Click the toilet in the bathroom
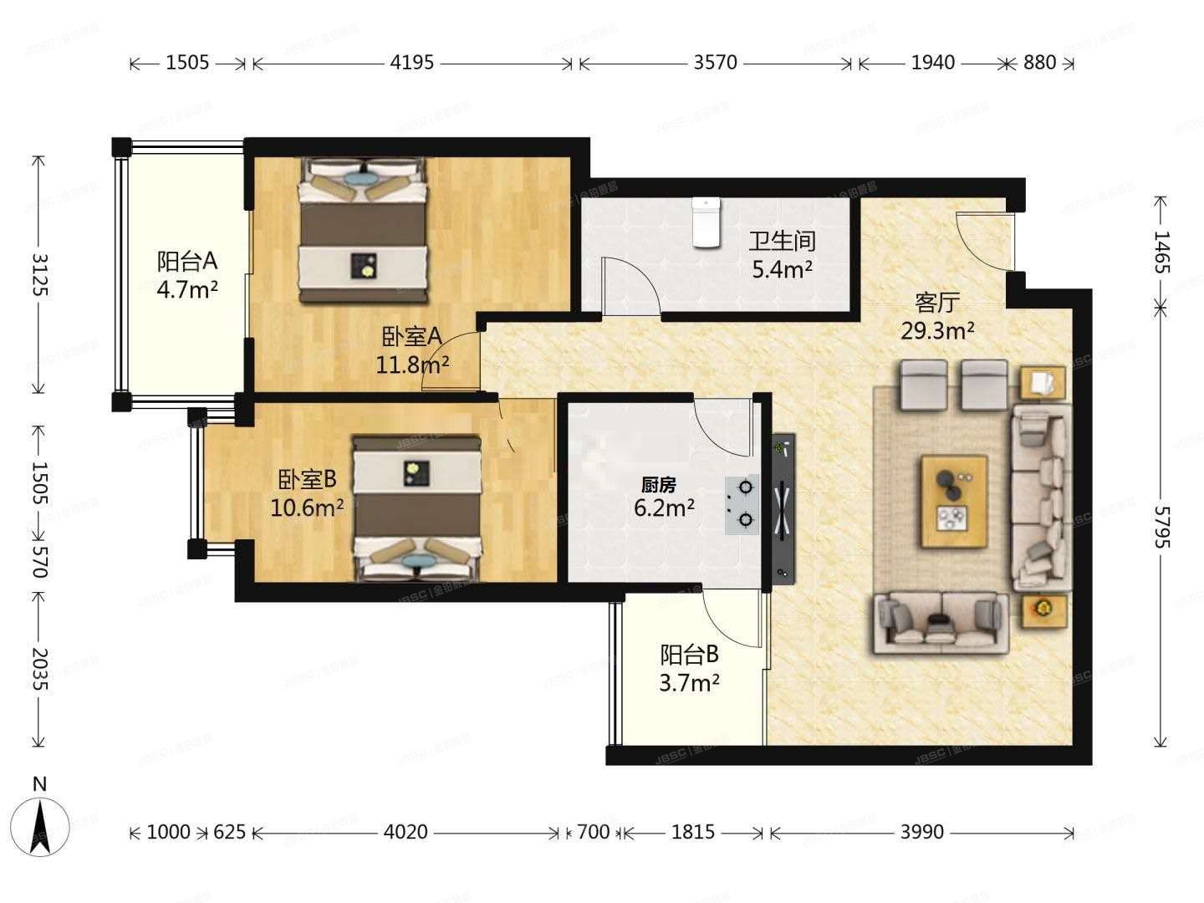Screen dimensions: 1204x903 [706, 222]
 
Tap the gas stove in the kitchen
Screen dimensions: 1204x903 [742, 504]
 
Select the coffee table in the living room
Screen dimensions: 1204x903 [955, 501]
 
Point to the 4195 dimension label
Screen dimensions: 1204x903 [412, 63]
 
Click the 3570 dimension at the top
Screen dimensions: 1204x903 [715, 63]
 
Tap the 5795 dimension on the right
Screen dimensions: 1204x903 [1161, 527]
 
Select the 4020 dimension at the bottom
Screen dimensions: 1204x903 [406, 832]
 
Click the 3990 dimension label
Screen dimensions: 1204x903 [921, 832]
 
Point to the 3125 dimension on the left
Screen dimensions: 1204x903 [39, 274]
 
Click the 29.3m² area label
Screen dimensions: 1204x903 [937, 330]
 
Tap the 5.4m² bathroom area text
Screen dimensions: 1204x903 [782, 269]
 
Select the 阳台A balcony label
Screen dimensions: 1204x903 [187, 262]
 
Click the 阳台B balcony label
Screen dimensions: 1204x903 [689, 655]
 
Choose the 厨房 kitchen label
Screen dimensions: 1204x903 [658, 485]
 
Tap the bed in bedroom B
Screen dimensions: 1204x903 [417, 508]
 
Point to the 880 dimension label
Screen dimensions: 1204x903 [1039, 63]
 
